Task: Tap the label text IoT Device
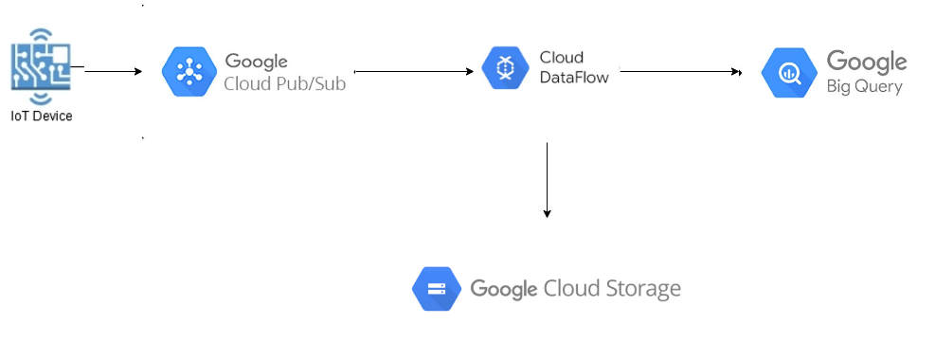tap(42, 117)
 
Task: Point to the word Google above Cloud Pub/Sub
tap(256, 62)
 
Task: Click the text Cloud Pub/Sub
tap(285, 82)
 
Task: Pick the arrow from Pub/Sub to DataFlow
tap(413, 71)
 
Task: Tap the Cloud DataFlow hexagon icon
tap(504, 68)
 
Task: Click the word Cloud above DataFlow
tap(561, 58)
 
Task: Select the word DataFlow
tap(573, 77)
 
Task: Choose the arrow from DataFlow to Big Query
tap(680, 71)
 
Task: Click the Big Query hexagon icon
tap(789, 73)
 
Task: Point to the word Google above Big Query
tap(867, 62)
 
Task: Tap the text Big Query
tap(865, 86)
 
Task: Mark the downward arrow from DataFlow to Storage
tap(547, 180)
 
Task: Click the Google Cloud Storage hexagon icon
tap(437, 289)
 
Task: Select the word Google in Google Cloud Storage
tap(503, 288)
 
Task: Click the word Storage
tap(644, 289)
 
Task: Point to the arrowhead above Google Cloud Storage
tap(547, 214)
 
